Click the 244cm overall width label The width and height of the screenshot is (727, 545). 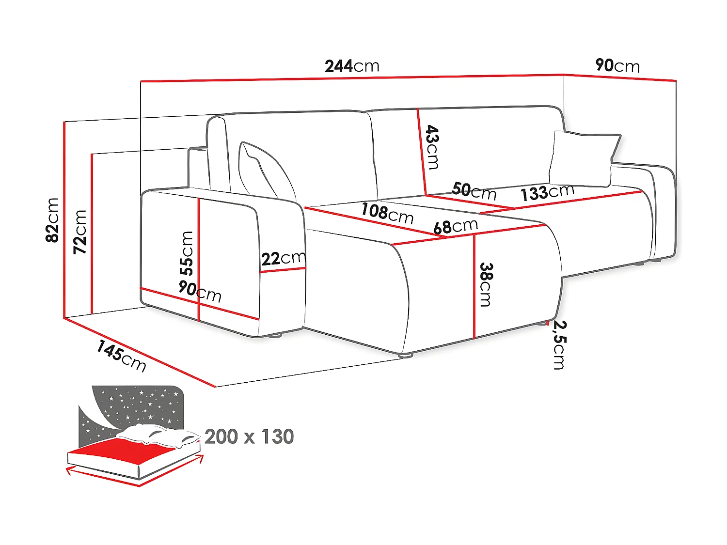click(x=352, y=66)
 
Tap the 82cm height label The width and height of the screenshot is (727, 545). click(x=52, y=220)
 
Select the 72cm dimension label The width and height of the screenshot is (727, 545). click(x=80, y=232)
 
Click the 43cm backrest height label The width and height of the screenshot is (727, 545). click(x=432, y=147)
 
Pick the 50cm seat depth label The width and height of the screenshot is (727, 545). click(x=474, y=191)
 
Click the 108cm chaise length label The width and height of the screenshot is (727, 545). click(x=387, y=214)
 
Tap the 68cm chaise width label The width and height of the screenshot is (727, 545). click(x=456, y=227)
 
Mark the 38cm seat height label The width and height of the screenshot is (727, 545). click(x=486, y=284)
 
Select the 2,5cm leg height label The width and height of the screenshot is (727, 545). click(x=560, y=345)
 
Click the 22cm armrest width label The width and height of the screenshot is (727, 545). click(x=284, y=258)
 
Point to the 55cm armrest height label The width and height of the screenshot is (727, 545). click(x=187, y=253)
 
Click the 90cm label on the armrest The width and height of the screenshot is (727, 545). click(x=200, y=291)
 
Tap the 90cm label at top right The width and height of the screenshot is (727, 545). click(x=617, y=65)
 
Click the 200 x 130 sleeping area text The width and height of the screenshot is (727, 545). click(x=249, y=436)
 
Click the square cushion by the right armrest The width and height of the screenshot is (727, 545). click(x=584, y=159)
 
